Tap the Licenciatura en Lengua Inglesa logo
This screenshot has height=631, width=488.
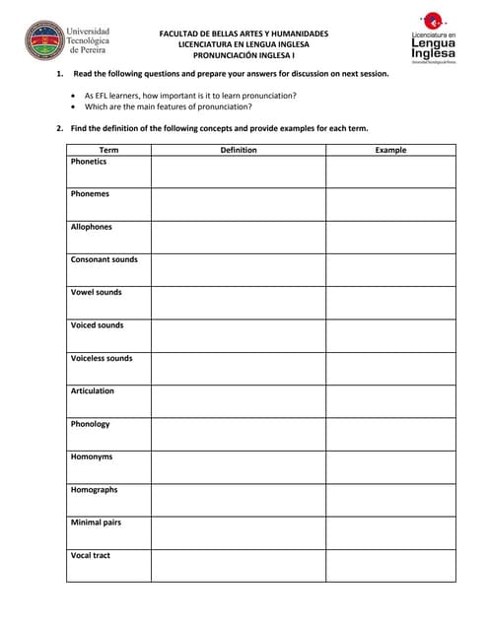[433, 38]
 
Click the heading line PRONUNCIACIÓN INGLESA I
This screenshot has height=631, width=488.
[244, 55]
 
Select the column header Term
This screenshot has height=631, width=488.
[108, 150]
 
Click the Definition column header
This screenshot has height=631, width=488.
[238, 150]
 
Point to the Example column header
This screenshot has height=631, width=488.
[390, 150]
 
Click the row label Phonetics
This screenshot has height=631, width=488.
[89, 162]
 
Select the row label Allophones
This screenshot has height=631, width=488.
[92, 227]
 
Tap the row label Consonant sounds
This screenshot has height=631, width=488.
[105, 259]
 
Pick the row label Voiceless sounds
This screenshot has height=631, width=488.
[102, 358]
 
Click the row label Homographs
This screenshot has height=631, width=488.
[94, 490]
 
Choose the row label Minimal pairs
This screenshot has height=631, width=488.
[96, 523]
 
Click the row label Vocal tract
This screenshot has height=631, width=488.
[91, 555]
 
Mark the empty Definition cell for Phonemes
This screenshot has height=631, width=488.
[238, 204]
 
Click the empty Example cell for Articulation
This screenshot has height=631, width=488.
[390, 401]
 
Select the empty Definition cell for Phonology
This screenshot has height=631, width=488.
[238, 434]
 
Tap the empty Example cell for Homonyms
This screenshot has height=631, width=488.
[390, 466]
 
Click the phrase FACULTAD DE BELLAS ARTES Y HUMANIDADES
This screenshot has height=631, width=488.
[244, 34]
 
